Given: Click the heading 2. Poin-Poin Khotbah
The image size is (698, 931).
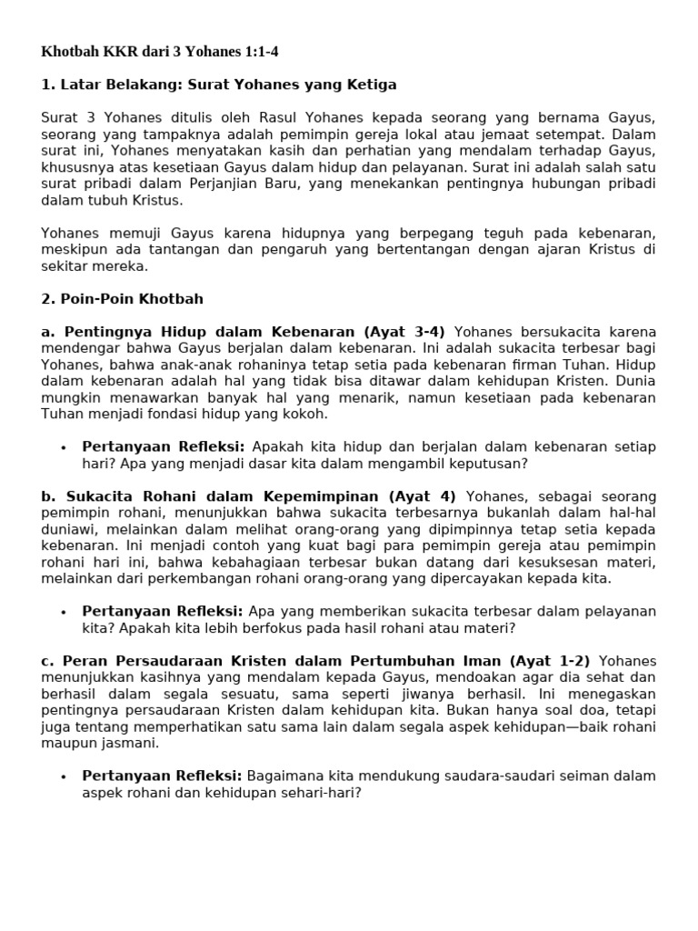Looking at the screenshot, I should pos(123,298).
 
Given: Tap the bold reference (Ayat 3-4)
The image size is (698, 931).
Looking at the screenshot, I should pos(402,332).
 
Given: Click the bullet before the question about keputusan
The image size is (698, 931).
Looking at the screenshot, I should pos(64,447).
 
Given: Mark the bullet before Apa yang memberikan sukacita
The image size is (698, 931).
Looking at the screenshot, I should pos(64,612).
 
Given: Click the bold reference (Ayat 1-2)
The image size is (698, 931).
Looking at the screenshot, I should pos(549,661).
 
